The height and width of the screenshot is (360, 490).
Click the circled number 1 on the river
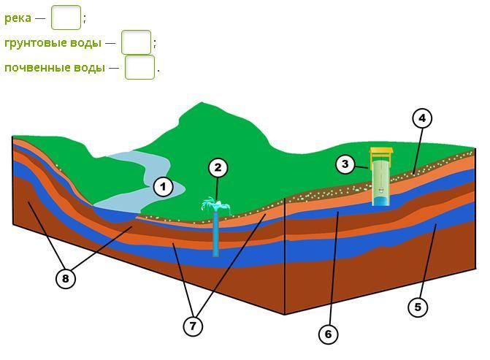[163, 187]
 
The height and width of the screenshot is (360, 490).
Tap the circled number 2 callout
[218, 167]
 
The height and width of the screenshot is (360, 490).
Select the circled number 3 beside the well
[345, 164]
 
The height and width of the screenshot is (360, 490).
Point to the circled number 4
[422, 118]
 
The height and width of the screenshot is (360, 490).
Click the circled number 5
[418, 307]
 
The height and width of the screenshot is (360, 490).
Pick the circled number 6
[328, 334]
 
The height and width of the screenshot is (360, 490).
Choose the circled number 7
[193, 326]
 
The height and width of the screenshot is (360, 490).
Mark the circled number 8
[65, 278]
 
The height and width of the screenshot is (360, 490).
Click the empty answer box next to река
[66, 18]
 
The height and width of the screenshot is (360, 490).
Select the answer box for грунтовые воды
[137, 42]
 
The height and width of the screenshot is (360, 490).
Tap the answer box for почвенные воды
[139, 67]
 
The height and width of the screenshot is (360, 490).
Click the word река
[18, 18]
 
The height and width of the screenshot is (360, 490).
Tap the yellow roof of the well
[380, 152]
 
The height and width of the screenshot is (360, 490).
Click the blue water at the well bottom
[380, 202]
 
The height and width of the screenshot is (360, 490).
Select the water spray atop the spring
[215, 205]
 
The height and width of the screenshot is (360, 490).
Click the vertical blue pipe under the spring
[215, 234]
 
